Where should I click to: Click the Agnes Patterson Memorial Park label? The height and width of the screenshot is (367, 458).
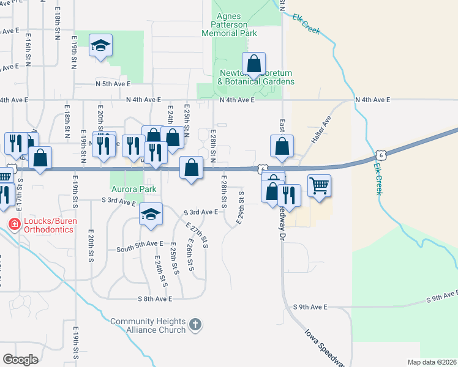point(235,25)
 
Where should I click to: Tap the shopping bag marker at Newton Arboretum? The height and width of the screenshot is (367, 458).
point(253,64)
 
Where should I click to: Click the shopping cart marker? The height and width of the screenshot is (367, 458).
point(319,185)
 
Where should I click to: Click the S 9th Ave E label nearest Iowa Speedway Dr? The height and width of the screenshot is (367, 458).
point(310,306)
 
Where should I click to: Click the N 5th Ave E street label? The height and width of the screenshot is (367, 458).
point(113,84)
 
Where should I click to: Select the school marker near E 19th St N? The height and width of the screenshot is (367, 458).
point(100,46)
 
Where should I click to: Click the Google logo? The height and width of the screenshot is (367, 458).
point(21,359)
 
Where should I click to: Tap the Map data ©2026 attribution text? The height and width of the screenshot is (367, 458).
point(432,362)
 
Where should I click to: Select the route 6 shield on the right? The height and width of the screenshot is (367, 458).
point(381,155)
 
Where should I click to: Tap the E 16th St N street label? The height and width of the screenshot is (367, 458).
point(29,46)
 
